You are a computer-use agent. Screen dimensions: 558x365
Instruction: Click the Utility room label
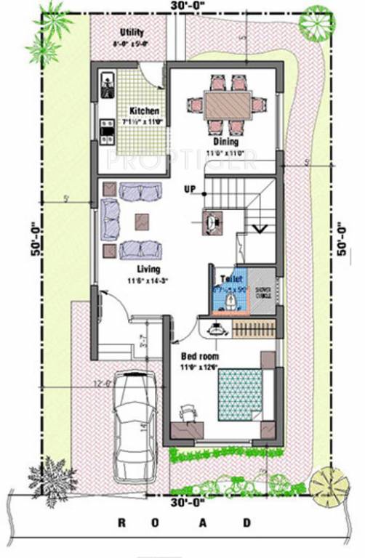[132, 33]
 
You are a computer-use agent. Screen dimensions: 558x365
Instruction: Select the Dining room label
[225, 142]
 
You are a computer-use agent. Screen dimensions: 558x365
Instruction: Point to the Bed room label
[199, 357]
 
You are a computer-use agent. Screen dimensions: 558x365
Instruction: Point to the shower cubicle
[262, 291]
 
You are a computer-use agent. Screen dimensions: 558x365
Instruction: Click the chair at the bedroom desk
[189, 412]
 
